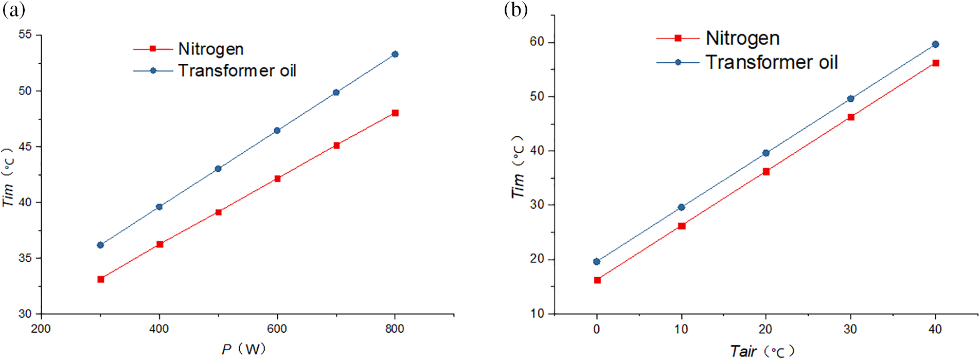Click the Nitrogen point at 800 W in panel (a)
395,113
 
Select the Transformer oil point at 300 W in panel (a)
100,245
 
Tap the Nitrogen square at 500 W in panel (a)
218,212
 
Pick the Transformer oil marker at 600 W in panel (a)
277,130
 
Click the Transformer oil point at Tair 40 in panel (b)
935,44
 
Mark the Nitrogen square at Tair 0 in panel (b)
597,280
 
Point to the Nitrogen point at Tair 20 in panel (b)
766,172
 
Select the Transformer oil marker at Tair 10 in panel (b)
681,207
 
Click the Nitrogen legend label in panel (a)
211,49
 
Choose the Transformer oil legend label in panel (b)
772,62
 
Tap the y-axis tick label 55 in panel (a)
25,34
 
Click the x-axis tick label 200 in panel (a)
41,329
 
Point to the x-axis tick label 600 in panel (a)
277,329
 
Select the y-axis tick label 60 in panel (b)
537,42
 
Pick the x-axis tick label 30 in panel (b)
850,329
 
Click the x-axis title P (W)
244,349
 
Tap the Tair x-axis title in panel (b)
762,351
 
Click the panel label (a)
14,9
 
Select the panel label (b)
516,9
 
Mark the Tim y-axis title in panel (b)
518,167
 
